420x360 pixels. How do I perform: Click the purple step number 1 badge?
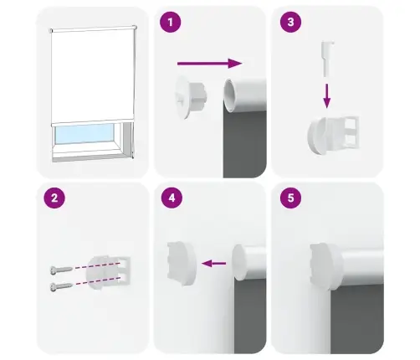coord(171,23)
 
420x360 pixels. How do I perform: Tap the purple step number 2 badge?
coord(54,199)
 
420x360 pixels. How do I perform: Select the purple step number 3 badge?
coord(289,23)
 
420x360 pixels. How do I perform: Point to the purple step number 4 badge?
coord(171,199)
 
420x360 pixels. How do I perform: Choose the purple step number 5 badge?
coord(289,199)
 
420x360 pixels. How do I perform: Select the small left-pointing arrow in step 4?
coord(216,263)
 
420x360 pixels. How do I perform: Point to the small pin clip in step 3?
coord(327,59)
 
